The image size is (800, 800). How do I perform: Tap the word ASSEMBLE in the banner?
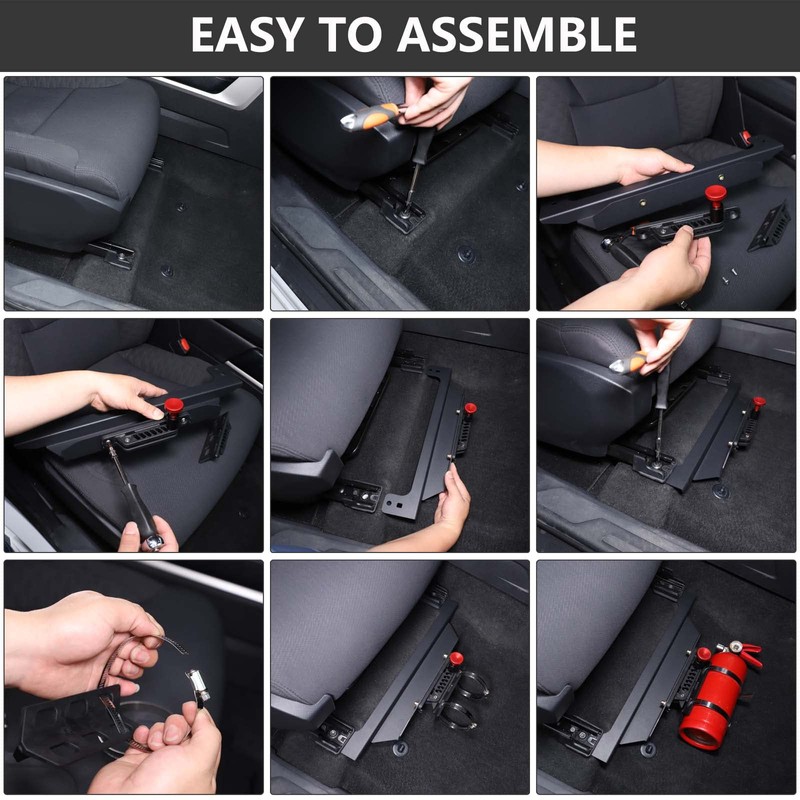pyautogui.click(x=516, y=34)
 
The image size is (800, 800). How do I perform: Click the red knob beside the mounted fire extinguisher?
pyautogui.click(x=705, y=655)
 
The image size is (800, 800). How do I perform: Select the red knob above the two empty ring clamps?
pyautogui.click(x=456, y=659)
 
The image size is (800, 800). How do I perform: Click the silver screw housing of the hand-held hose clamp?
pyautogui.click(x=196, y=681)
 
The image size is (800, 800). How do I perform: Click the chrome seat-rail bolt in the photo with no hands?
pyautogui.click(x=121, y=254)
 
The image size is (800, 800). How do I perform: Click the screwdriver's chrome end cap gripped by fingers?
pyautogui.click(x=153, y=542)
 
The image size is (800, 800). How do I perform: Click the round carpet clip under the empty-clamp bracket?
pyautogui.click(x=401, y=748)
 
